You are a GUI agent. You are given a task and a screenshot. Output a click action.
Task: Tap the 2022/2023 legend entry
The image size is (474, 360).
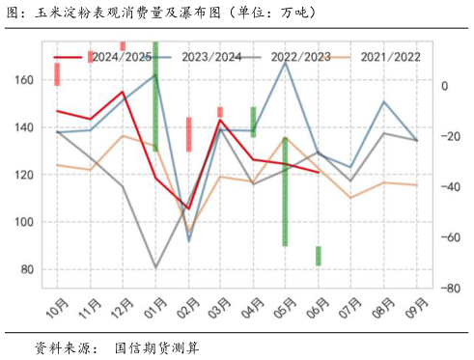[300, 58]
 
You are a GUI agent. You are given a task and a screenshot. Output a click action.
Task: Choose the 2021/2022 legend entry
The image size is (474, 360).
[390, 58]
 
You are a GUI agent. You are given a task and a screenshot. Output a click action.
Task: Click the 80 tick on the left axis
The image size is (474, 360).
[25, 269]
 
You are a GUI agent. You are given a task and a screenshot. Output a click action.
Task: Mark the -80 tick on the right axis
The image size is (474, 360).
[450, 288]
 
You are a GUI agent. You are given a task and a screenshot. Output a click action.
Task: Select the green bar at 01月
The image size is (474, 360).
[155, 97]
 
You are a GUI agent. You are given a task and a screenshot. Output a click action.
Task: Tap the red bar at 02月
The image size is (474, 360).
[188, 134]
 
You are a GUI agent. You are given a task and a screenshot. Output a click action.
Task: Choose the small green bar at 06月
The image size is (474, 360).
[319, 256]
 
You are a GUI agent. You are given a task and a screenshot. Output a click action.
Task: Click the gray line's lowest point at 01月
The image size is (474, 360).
[155, 267]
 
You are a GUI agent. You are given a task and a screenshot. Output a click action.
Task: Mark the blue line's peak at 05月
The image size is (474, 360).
[286, 62]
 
